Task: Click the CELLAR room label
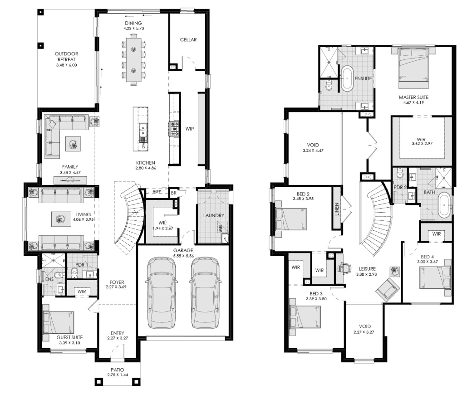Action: [x=188, y=40]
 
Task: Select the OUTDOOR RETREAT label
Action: [x=67, y=57]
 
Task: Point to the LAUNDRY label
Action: [x=213, y=215]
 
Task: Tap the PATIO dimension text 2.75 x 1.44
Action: [x=118, y=375]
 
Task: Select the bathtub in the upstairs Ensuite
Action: [x=347, y=79]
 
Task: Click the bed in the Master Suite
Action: [x=413, y=68]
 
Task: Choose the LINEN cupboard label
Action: [x=337, y=209]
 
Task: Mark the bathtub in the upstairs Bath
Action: [x=444, y=206]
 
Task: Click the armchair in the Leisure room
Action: [x=388, y=289]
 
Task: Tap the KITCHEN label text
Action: [x=145, y=163]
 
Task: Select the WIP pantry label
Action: [x=189, y=129]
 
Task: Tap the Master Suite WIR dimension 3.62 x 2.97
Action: [x=422, y=144]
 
